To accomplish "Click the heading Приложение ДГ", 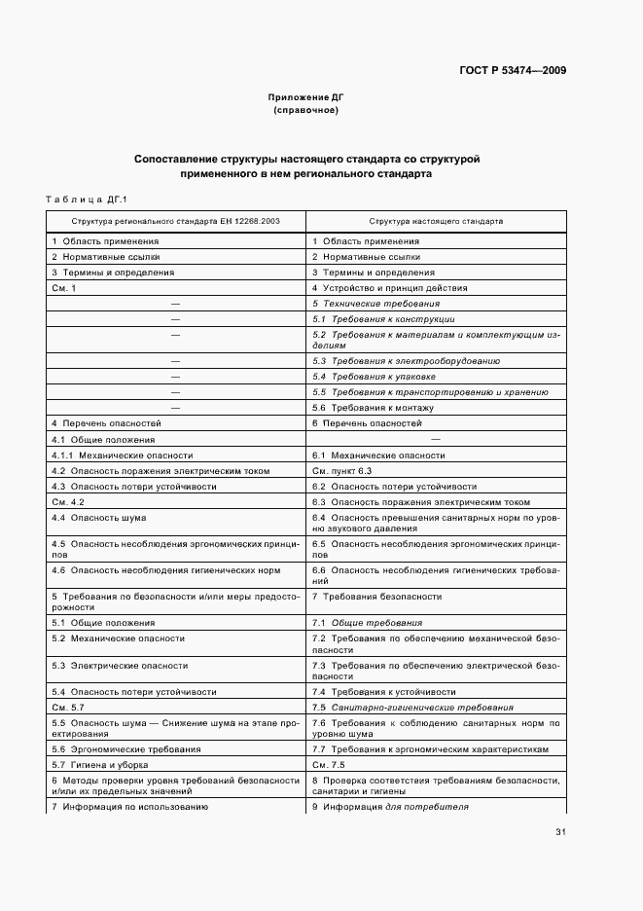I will (306, 98).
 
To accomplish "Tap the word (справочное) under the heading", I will (306, 111).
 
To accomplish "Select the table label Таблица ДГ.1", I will (88, 200).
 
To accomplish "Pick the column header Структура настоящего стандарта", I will (435, 221).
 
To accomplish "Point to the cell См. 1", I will (63, 288).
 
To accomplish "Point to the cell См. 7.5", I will (328, 765).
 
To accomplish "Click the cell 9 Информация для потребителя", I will (390, 807).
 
